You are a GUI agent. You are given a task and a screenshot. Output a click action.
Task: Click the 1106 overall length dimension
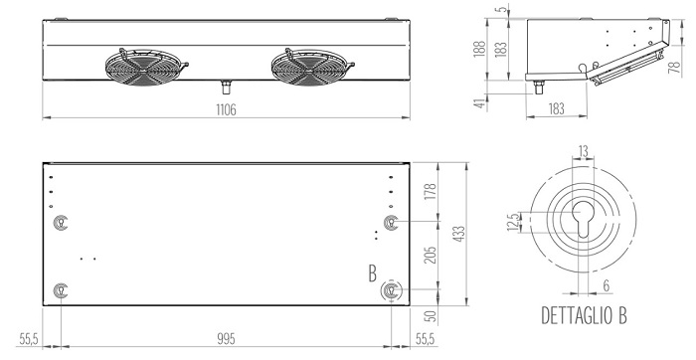pyautogui.click(x=226, y=109)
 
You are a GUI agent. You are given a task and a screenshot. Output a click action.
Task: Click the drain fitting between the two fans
pyautogui.click(x=227, y=87)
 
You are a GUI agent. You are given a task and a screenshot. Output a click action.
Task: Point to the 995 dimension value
pyautogui.click(x=226, y=339)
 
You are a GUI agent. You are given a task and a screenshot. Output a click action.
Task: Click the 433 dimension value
pyautogui.click(x=459, y=234)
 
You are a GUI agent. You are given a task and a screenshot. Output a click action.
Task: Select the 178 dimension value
pyautogui.click(x=431, y=192)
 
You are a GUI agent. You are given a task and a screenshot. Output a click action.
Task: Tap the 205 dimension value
pyautogui.click(x=431, y=255)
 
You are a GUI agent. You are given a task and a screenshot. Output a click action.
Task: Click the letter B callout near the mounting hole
pyautogui.click(x=373, y=273)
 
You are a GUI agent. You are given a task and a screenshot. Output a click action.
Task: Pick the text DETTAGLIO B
pyautogui.click(x=585, y=315)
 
